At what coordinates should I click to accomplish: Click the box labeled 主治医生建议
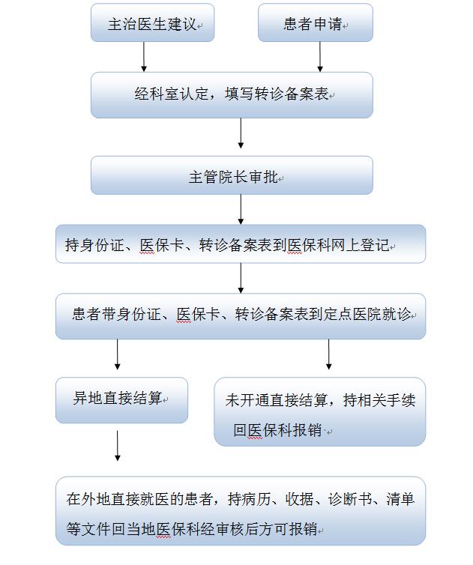coord(152,22)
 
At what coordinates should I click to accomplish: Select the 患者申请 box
coord(316,22)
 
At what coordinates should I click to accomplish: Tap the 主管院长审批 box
coord(232,175)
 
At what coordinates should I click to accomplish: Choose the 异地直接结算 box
coord(122,400)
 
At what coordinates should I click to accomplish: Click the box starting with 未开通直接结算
coord(320,411)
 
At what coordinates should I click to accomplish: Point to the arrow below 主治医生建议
coord(144,57)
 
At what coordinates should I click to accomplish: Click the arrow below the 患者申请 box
coord(320,57)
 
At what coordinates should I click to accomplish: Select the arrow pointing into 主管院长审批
coord(241,133)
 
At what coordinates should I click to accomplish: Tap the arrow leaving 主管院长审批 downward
coord(241,210)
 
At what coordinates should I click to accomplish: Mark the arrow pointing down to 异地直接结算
coord(117,354)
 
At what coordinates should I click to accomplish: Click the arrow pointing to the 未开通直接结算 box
coord(329,354)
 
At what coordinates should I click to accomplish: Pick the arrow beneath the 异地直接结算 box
coord(117,446)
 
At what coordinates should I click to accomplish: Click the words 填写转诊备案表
coord(277,94)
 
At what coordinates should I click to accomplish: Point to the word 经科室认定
coord(172,94)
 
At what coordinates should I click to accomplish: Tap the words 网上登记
coord(361,245)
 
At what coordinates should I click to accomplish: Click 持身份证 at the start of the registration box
coord(94,245)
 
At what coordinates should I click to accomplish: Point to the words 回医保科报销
coord(277,430)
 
